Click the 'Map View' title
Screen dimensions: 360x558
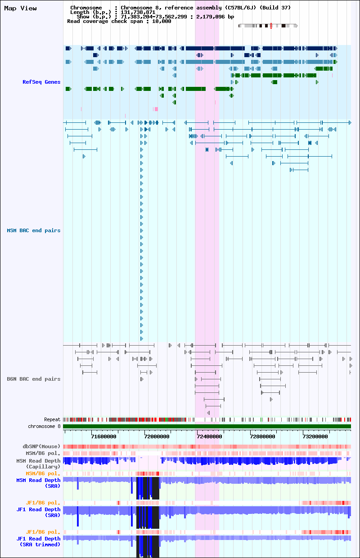pyautogui.click(x=20, y=8)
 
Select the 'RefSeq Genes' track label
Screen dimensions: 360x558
pyautogui.click(x=41, y=82)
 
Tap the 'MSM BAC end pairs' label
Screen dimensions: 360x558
pyautogui.click(x=34, y=230)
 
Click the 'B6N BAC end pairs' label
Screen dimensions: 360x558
pyautogui.click(x=34, y=379)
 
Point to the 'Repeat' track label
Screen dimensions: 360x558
pyautogui.click(x=52, y=419)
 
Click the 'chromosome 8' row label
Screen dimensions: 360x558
pyautogui.click(x=44, y=426)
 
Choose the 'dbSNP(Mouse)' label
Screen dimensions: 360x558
pyautogui.click(x=41, y=446)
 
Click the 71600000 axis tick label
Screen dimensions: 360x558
pyautogui.click(x=103, y=436)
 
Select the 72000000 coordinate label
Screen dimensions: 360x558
pyautogui.click(x=157, y=436)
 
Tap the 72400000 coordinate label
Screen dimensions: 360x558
pyautogui.click(x=209, y=436)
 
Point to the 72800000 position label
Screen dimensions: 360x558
pyautogui.click(x=263, y=436)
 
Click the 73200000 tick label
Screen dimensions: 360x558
pyautogui.click(x=315, y=436)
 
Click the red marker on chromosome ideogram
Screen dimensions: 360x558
pyautogui.click(x=271, y=26)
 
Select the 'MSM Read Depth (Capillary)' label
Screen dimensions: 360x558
pyautogui.click(x=38, y=463)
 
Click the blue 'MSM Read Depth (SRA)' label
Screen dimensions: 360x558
pyautogui.click(x=38, y=483)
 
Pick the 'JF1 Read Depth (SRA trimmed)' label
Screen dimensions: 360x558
pyautogui.click(x=38, y=541)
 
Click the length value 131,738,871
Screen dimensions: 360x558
pyautogui.click(x=138, y=12)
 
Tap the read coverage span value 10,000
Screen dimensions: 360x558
pyautogui.click(x=162, y=22)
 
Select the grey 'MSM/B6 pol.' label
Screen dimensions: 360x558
pyautogui.click(x=43, y=453)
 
